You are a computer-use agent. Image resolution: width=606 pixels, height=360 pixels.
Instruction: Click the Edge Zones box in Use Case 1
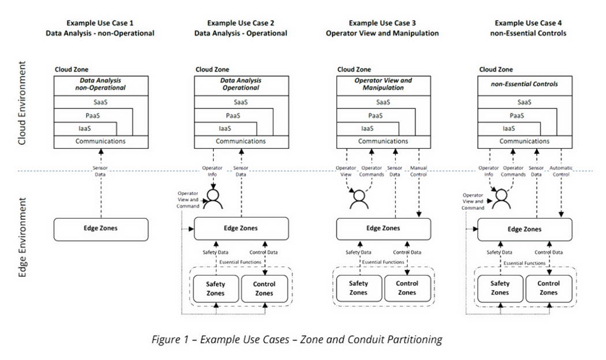click(x=100, y=228)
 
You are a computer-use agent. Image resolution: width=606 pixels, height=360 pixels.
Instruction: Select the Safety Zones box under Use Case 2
click(x=215, y=288)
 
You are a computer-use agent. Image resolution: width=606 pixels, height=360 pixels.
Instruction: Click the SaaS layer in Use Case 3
click(x=384, y=102)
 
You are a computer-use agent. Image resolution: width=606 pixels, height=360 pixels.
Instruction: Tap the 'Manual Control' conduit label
click(x=418, y=171)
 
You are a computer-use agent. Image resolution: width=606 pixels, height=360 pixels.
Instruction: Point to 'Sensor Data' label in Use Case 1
click(x=100, y=171)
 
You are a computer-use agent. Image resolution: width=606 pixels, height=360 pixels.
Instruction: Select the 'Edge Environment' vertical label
click(x=22, y=238)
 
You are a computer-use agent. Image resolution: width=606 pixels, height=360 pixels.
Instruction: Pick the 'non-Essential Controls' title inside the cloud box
click(x=525, y=84)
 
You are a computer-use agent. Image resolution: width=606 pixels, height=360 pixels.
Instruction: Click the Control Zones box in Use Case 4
click(x=548, y=288)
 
